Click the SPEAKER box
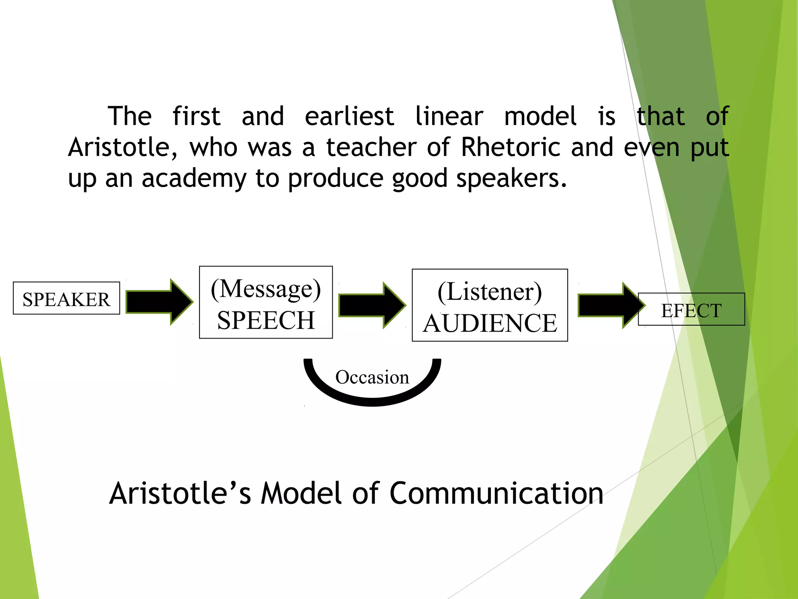(x=66, y=298)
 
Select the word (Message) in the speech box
(x=266, y=289)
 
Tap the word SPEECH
(x=266, y=321)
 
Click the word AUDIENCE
(x=490, y=323)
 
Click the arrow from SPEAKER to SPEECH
(x=159, y=301)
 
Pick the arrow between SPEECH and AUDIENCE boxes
(x=371, y=305)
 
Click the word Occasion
(x=372, y=377)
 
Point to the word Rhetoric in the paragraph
(x=511, y=147)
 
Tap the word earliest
(x=349, y=116)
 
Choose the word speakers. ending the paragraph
(x=511, y=179)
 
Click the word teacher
(x=371, y=147)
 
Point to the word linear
(x=449, y=116)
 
